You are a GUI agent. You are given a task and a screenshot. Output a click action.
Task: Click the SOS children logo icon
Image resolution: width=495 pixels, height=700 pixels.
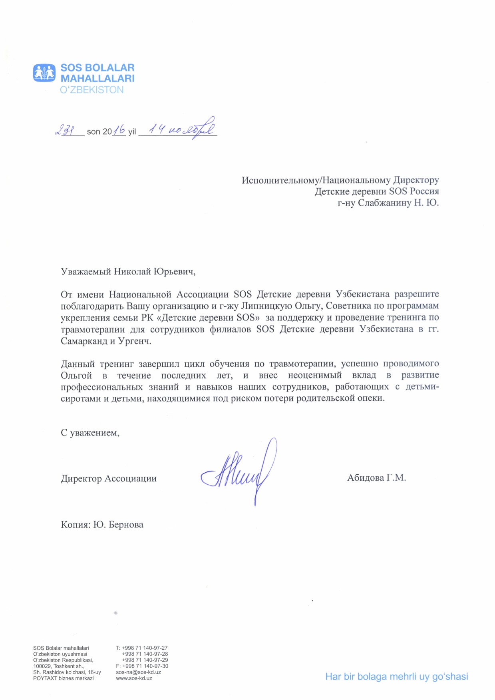click(x=44, y=73)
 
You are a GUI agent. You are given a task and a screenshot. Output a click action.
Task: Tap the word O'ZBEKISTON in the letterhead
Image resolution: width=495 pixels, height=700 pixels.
click(x=92, y=90)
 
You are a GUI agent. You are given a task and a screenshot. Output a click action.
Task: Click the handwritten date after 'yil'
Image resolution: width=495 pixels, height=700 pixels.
click(x=182, y=129)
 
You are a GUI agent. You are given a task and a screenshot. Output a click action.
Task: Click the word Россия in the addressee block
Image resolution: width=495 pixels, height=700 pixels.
click(x=424, y=191)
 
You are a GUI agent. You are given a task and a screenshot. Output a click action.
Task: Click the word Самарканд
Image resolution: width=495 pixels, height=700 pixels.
click(x=84, y=341)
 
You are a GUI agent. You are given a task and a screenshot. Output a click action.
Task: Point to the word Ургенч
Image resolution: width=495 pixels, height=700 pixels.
click(x=135, y=341)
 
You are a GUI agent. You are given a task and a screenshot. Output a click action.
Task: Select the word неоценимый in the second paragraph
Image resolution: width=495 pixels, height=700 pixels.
click(x=315, y=375)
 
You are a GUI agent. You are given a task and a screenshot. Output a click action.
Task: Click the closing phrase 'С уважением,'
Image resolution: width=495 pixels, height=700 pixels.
click(x=90, y=433)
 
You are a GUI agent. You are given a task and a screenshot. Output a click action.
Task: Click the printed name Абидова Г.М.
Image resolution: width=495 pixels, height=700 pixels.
click(x=376, y=478)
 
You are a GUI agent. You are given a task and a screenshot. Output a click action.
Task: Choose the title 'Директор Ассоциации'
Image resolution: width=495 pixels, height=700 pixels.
click(x=109, y=479)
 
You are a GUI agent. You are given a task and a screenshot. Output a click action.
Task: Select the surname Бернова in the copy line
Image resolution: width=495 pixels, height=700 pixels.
click(x=126, y=525)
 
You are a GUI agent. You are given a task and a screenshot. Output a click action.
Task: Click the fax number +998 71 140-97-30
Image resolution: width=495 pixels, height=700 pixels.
click(x=145, y=666)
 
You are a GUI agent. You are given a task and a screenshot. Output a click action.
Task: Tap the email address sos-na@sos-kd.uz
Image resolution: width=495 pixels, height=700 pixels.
click(x=138, y=672)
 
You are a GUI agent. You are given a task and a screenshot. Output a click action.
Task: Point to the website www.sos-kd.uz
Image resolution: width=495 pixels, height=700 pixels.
click(x=134, y=678)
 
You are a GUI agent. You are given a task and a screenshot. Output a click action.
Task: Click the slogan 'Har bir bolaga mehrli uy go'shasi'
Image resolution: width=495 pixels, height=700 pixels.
click(x=396, y=676)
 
